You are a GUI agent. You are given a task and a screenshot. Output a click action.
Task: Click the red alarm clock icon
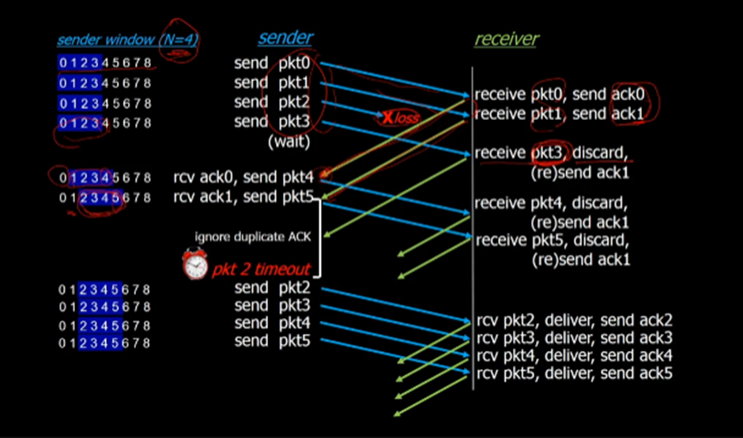(194, 264)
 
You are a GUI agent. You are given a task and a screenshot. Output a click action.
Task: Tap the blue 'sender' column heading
(285, 38)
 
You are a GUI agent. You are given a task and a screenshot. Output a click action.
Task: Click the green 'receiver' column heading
(507, 39)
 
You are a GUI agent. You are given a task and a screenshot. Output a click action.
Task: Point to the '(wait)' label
(289, 143)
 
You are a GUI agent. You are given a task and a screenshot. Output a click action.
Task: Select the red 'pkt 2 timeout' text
(261, 269)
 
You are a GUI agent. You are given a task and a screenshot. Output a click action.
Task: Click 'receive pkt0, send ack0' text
(560, 95)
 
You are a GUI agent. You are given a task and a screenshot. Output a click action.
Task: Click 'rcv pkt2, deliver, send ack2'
(575, 320)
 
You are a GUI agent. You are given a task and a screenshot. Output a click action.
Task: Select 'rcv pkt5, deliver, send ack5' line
(575, 372)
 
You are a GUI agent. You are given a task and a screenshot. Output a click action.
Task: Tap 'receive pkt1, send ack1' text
(560, 114)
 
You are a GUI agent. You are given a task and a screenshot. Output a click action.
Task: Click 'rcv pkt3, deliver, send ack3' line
(575, 338)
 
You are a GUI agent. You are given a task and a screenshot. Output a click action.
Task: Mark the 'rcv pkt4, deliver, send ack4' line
(575, 355)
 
